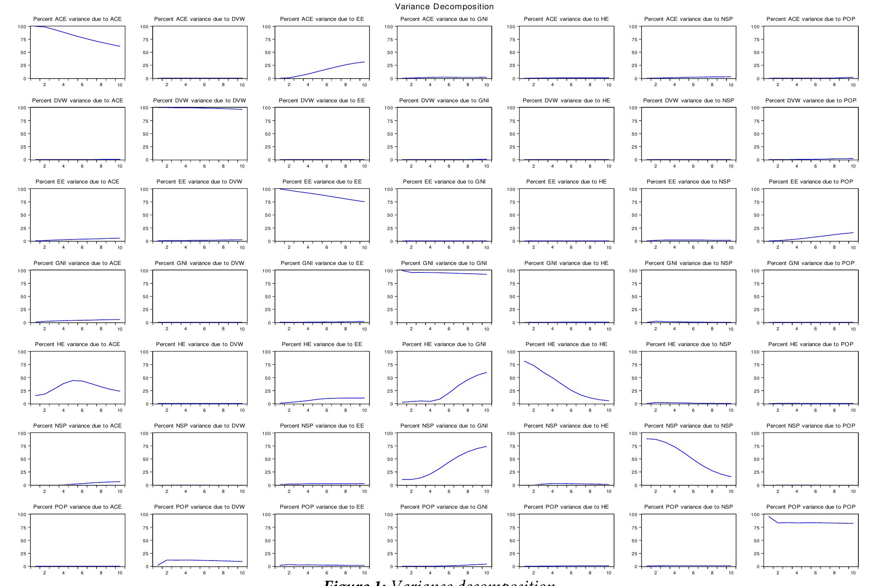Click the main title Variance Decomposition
[444, 7]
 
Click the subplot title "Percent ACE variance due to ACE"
[77, 19]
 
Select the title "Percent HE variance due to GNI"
[444, 344]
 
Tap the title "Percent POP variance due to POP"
[811, 507]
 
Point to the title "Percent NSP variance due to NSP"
[689, 426]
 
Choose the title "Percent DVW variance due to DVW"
[199, 101]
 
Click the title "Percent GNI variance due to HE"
[566, 263]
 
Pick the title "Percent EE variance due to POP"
[811, 182]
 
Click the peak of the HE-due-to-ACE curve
[73, 381]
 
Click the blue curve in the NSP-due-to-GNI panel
[449, 462]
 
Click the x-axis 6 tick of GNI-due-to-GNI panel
[449, 329]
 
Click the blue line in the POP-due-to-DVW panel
[204, 560]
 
